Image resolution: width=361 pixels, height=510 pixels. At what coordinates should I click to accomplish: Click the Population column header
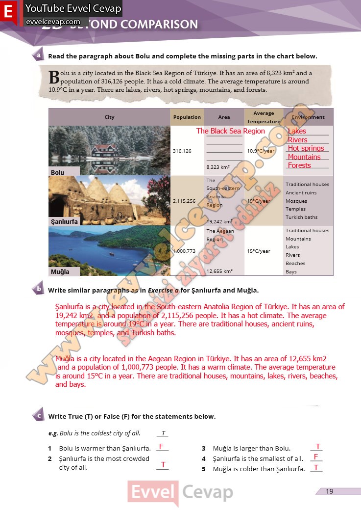pyautogui.click(x=187, y=117)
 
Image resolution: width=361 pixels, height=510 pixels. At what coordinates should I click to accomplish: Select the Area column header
pyautogui.click(x=224, y=117)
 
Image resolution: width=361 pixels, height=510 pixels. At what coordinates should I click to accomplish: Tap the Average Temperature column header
pyautogui.click(x=264, y=117)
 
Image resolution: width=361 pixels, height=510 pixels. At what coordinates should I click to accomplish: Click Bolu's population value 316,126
pyautogui.click(x=182, y=151)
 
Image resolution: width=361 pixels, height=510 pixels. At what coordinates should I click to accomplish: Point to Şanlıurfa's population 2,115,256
pyautogui.click(x=184, y=201)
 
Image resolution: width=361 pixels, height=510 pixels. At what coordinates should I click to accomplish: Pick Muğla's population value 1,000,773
pyautogui.click(x=184, y=251)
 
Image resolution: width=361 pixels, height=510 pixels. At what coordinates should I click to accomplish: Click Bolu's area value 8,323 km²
pyautogui.click(x=218, y=167)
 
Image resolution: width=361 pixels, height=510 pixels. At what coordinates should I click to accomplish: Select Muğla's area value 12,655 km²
pyautogui.click(x=219, y=271)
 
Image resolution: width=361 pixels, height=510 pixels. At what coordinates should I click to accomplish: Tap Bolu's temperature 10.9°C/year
pyautogui.click(x=261, y=151)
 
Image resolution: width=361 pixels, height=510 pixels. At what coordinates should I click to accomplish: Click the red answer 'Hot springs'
pyautogui.click(x=306, y=148)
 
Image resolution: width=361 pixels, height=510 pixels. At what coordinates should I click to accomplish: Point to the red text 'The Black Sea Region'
pyautogui.click(x=230, y=131)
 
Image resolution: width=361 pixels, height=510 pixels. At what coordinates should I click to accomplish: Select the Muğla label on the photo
pyautogui.click(x=60, y=271)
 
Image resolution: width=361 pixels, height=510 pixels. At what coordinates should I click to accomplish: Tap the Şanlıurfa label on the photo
pyautogui.click(x=64, y=221)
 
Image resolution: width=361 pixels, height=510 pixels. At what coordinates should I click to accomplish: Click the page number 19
pyautogui.click(x=329, y=491)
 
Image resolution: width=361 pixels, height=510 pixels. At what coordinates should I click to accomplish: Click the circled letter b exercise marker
pyautogui.click(x=39, y=289)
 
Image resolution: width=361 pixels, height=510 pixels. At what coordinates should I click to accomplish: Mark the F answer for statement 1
pyautogui.click(x=161, y=446)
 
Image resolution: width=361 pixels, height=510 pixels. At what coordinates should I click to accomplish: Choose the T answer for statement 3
pyautogui.click(x=318, y=446)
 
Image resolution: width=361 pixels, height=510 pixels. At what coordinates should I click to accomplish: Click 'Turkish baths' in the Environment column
pyautogui.click(x=302, y=217)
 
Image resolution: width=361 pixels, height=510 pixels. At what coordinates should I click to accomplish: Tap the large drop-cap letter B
pyautogui.click(x=54, y=77)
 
